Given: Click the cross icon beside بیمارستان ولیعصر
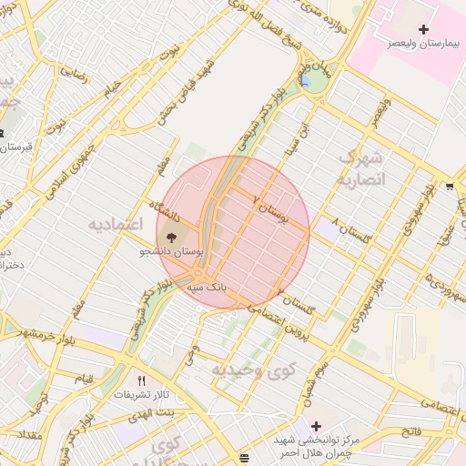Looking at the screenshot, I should (423, 30).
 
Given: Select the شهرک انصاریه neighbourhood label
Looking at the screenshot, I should (361, 168).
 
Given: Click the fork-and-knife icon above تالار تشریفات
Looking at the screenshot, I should (141, 380).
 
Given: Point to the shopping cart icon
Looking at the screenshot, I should (450, 187).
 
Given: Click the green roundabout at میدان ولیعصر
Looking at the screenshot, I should (318, 81).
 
